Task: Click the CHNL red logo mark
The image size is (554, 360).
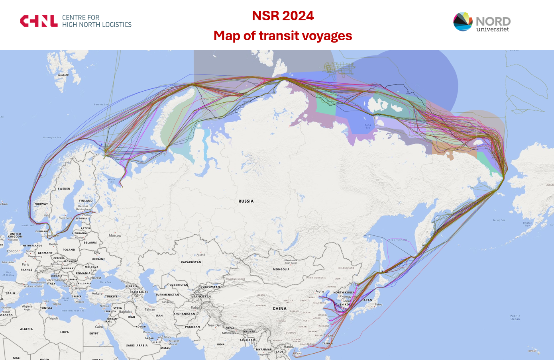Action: pyautogui.click(x=39, y=21)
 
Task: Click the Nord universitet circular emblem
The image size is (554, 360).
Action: pyautogui.click(x=462, y=22)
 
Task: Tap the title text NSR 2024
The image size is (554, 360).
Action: pyautogui.click(x=283, y=16)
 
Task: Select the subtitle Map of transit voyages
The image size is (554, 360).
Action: pyautogui.click(x=283, y=36)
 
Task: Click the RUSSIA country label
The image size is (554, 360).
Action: pyautogui.click(x=246, y=201)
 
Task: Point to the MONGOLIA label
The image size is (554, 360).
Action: pyautogui.click(x=281, y=269)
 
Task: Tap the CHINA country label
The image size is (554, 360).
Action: pyautogui.click(x=279, y=308)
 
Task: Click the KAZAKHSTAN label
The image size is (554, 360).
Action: pyautogui.click(x=191, y=262)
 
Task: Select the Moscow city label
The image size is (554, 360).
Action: pyautogui.click(x=115, y=235)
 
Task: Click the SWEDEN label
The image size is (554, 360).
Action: pyautogui.click(x=64, y=189)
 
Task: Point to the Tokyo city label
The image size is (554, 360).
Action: pyautogui.click(x=378, y=305)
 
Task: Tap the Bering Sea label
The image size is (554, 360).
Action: pyautogui.click(x=499, y=220)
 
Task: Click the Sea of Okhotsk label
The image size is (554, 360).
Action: pyautogui.click(x=398, y=240)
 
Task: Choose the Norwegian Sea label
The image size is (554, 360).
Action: pyautogui.click(x=52, y=137)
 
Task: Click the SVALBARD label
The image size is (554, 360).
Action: pyautogui.click(x=63, y=74)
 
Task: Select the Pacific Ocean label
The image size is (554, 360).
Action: pyautogui.click(x=515, y=317)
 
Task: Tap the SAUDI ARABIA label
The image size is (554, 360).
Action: pyautogui.click(x=137, y=345)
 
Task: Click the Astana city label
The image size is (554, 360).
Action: pyautogui.click(x=200, y=254)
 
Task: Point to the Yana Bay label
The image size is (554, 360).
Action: pyautogui.click(x=367, y=126)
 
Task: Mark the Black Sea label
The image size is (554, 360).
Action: pyautogui.click(x=105, y=282)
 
